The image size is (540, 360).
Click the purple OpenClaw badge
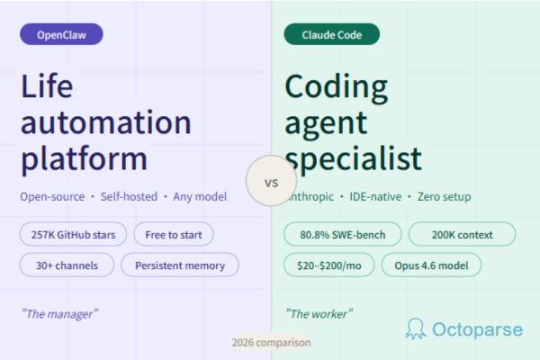[x=61, y=35]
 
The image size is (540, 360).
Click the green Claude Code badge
[x=331, y=35]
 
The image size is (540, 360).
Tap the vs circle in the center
[x=271, y=182]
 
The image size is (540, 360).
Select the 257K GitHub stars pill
[x=73, y=235]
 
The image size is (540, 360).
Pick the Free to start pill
[x=174, y=235]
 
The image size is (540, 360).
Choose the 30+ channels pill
[x=67, y=265]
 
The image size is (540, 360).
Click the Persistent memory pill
[x=180, y=265]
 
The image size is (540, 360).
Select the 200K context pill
[x=462, y=235]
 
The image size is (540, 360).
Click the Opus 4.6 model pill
[x=431, y=265]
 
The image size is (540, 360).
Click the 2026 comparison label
[x=270, y=343]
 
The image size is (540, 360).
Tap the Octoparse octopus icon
[x=416, y=328]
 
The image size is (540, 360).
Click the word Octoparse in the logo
[x=477, y=329]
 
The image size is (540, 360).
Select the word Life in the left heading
[x=48, y=88]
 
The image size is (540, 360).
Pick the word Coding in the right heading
[x=337, y=88]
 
